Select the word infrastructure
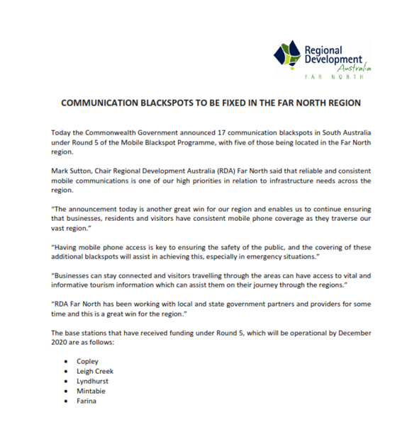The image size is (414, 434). [x=296, y=181]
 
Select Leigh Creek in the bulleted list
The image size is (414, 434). [x=95, y=372]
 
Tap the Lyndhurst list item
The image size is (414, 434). [x=93, y=382]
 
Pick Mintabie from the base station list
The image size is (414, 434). [x=91, y=392]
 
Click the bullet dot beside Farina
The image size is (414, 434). [x=66, y=401]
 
